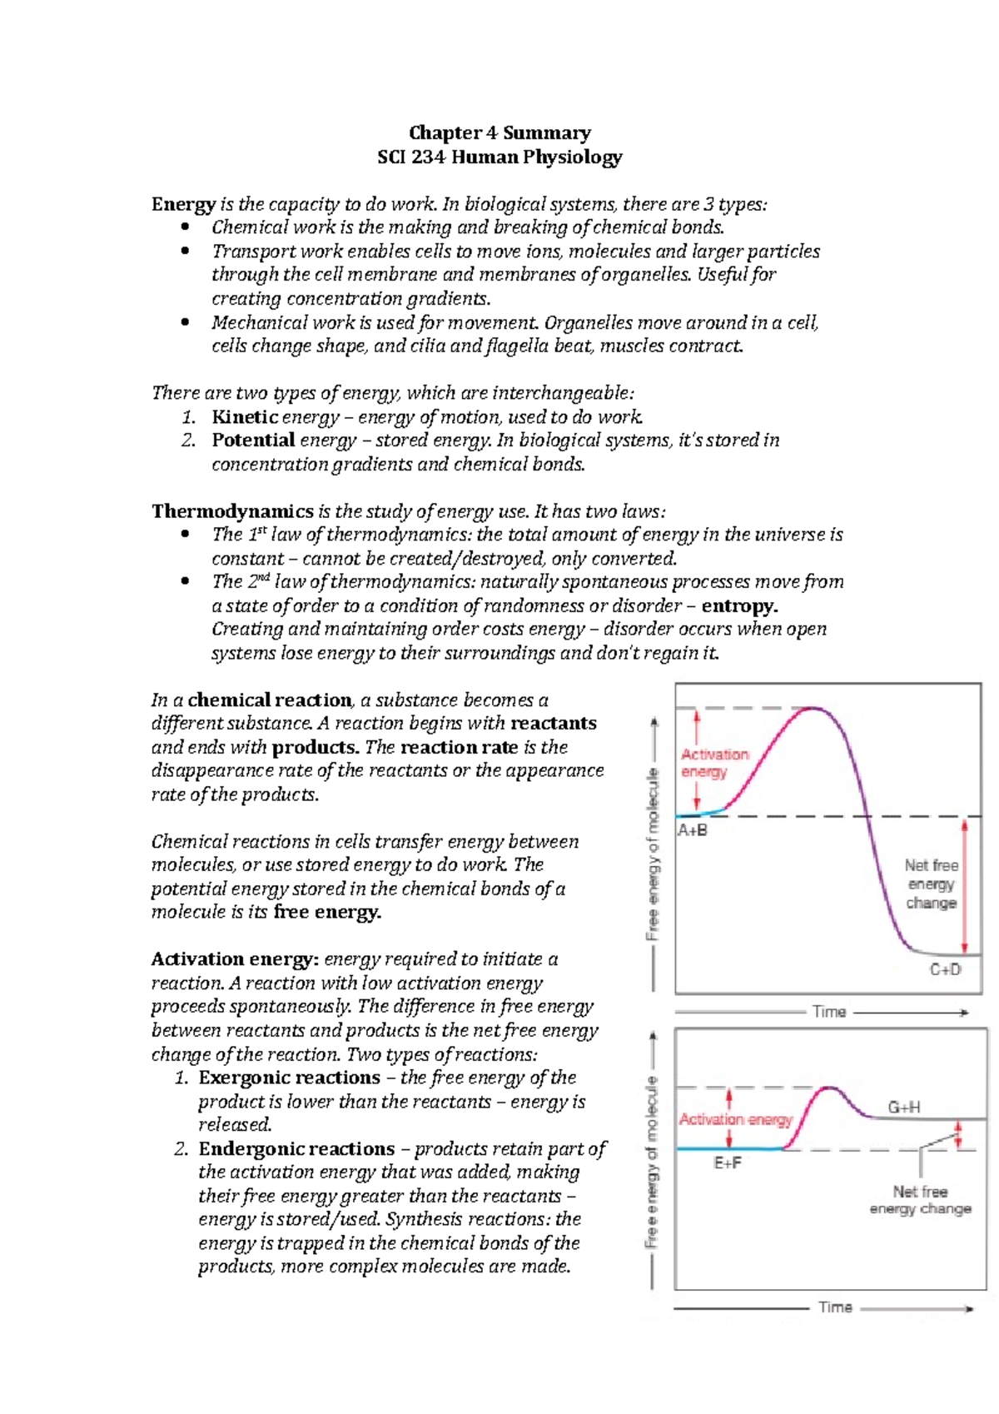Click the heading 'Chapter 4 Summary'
click(x=499, y=133)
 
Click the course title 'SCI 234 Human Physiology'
click(x=499, y=157)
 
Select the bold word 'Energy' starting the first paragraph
click(x=183, y=205)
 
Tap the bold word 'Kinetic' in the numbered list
click(x=245, y=417)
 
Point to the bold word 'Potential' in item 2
click(x=253, y=441)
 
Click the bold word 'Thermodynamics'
click(x=232, y=511)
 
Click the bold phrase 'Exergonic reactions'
click(x=289, y=1078)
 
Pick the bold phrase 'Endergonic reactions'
click(x=296, y=1149)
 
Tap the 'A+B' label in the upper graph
click(x=693, y=830)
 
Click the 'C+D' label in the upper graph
click(x=945, y=969)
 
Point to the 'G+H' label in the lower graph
click(x=903, y=1108)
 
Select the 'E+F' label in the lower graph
click(x=728, y=1163)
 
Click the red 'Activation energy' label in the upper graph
click(x=714, y=763)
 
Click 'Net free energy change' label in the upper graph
click(x=932, y=884)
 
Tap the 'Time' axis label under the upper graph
click(x=829, y=1012)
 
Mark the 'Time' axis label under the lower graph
click(x=835, y=1307)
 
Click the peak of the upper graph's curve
click(x=815, y=709)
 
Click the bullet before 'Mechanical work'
click(x=186, y=323)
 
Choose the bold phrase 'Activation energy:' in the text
click(x=235, y=959)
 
